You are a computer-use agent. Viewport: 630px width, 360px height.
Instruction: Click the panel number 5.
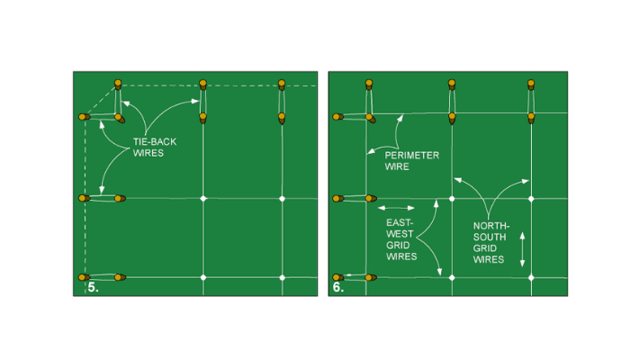pos(93,288)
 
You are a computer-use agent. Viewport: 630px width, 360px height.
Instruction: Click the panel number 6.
pos(338,288)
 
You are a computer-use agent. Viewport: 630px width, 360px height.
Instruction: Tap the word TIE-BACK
pos(155,142)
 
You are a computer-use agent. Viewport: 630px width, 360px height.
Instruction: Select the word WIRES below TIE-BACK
pos(148,153)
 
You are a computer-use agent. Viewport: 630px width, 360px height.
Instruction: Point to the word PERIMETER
pos(412,156)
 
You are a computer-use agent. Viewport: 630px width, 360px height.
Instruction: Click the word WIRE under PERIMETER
pos(397,166)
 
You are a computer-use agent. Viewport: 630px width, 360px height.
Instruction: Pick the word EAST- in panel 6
pos(400,222)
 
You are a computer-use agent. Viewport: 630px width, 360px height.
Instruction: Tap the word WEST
pos(400,234)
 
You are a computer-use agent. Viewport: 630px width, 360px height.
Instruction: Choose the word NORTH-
pos(491,226)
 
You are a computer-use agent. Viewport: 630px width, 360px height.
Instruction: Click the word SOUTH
pos(490,237)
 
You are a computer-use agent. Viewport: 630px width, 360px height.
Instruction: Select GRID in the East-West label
pos(398,245)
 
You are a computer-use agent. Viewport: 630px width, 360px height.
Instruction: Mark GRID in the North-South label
pos(484,248)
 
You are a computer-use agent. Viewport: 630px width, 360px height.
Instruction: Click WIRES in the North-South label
pos(488,259)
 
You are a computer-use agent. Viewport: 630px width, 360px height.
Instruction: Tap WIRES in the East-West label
pos(401,256)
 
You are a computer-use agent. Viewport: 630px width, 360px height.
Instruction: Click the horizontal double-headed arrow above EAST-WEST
pos(396,208)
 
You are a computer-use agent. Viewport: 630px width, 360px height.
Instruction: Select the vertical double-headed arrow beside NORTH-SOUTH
pos(522,249)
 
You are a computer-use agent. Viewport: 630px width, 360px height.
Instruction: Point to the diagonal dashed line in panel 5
pos(100,101)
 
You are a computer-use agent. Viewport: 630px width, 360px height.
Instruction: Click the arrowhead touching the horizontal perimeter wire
pos(400,117)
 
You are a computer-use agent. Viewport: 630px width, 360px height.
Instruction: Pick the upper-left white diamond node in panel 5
pos(203,199)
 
